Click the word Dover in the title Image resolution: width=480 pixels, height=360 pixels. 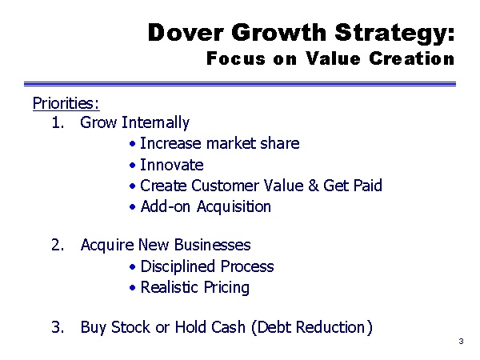tap(186, 33)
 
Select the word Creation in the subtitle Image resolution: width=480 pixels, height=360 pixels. tap(411, 58)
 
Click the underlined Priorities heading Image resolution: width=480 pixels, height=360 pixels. tap(66, 103)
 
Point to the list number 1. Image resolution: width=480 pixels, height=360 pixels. tap(58, 122)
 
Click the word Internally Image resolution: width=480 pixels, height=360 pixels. tap(155, 123)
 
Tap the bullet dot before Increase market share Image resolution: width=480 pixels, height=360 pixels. tap(132, 144)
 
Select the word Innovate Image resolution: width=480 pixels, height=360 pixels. tap(172, 165)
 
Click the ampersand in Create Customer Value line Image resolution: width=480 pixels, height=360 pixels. tap(313, 186)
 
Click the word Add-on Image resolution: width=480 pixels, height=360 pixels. tap(166, 206)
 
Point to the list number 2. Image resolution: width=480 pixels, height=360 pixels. tap(58, 245)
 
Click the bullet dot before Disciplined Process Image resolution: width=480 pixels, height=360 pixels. tap(132, 267)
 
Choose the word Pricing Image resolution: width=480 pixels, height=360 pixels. tap(226, 288)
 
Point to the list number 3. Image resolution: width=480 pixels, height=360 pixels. tap(58, 327)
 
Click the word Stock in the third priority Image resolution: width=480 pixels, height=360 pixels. tap(131, 327)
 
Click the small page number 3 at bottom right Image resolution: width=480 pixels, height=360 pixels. tap(461, 341)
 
